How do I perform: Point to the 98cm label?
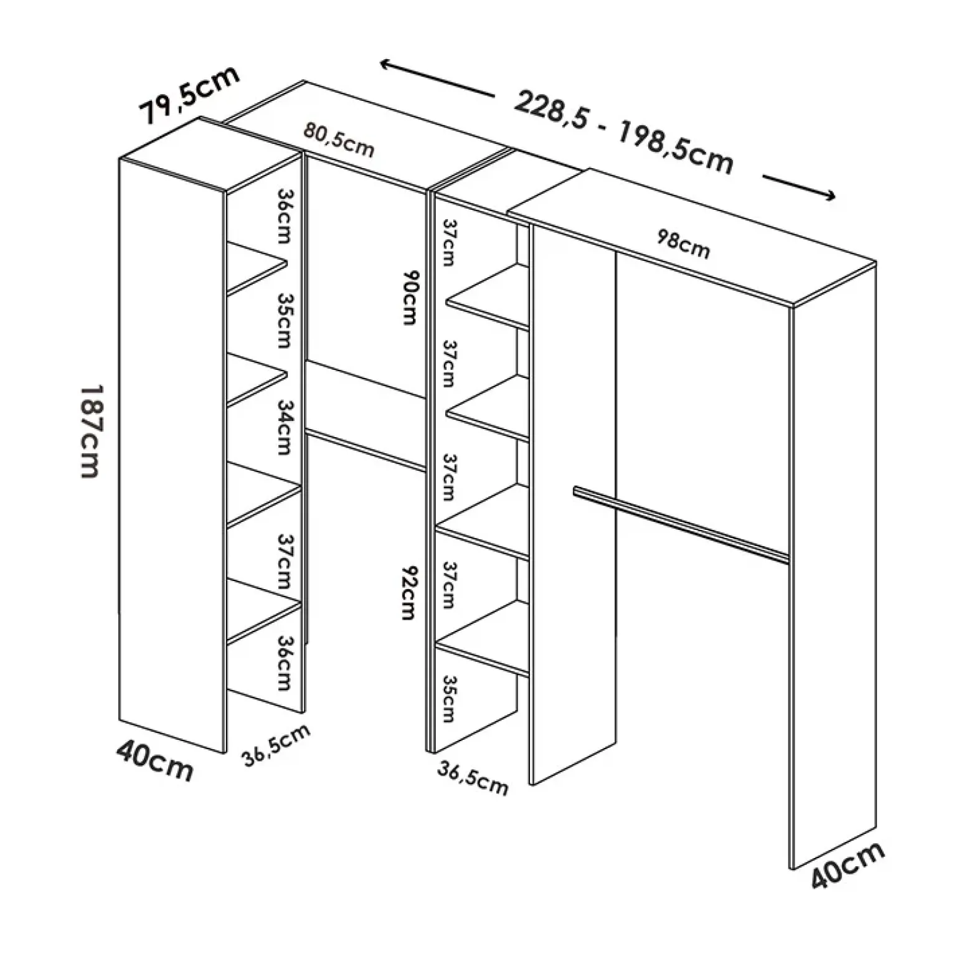[683, 243]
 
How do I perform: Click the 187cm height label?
[90, 431]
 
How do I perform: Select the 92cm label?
[409, 593]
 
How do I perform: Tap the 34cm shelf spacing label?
[283, 427]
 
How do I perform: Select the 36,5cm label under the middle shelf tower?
[473, 778]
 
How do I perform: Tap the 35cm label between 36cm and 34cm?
[283, 321]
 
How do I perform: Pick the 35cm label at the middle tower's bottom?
[448, 699]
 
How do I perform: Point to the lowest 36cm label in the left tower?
[283, 663]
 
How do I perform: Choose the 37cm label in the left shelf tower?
[283, 561]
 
